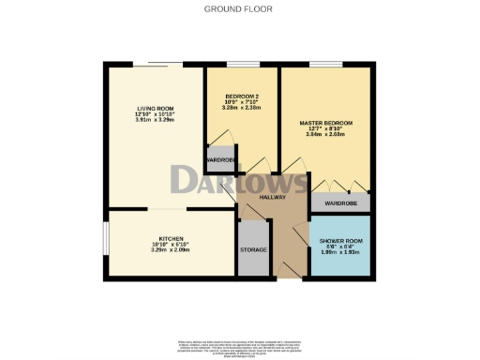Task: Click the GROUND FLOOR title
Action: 239,9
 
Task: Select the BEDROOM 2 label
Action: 242,97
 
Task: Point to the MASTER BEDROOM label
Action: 325,124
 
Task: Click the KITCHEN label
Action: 170,238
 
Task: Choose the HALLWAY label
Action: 272,197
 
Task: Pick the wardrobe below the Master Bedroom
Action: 339,202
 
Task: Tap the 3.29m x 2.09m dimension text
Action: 170,251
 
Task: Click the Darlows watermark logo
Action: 239,178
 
